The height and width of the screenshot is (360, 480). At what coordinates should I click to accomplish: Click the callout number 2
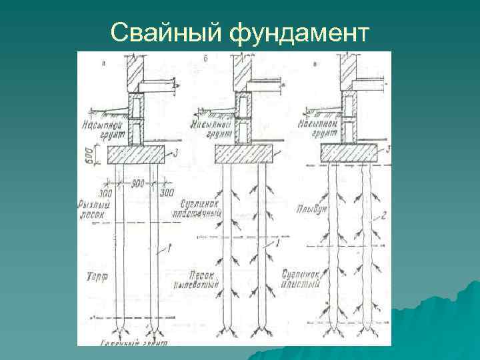pyautogui.click(x=385, y=215)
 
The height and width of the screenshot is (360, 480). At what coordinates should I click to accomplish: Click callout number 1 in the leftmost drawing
pyautogui.click(x=172, y=248)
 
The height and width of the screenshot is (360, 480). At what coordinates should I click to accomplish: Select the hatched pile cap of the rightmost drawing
pyautogui.click(x=351, y=153)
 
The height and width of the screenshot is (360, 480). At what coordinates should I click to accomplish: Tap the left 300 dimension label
pyautogui.click(x=105, y=193)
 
